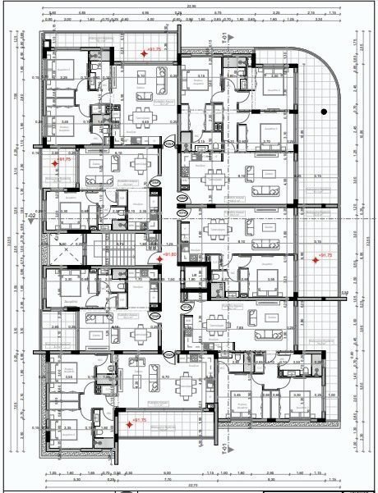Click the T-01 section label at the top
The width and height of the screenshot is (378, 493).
[x=225, y=37]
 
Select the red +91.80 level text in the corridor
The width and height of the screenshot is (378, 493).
[x=171, y=255]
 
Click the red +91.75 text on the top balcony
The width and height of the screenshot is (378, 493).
[x=154, y=50]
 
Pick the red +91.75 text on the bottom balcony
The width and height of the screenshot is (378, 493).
[x=138, y=421]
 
